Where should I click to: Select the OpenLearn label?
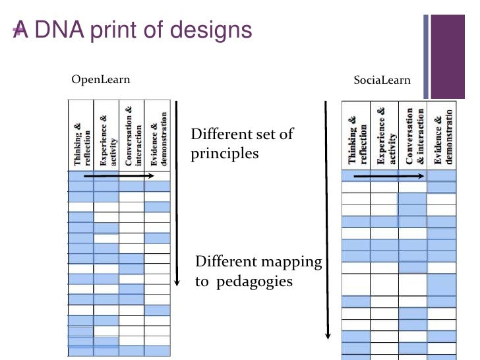click(x=101, y=80)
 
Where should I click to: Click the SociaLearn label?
click(x=382, y=80)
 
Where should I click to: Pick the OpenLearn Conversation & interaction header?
click(x=131, y=135)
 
